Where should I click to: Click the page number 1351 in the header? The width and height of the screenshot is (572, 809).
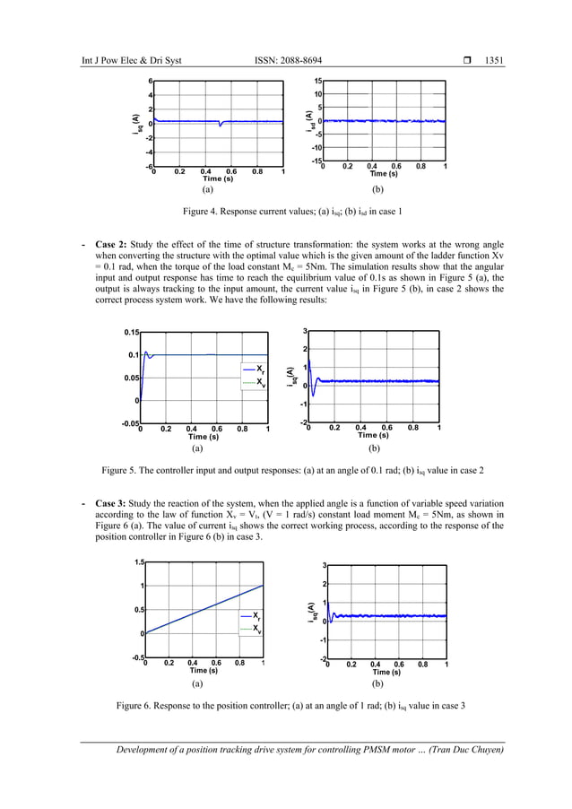(x=493, y=60)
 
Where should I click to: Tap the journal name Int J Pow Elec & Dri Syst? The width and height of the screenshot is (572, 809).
(x=131, y=60)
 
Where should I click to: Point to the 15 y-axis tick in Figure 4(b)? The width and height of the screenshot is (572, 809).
(x=316, y=81)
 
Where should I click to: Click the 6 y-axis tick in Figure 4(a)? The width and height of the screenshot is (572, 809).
(x=151, y=81)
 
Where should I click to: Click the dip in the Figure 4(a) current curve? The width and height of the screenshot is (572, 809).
(x=220, y=126)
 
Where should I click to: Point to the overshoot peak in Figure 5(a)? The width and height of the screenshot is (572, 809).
(x=145, y=352)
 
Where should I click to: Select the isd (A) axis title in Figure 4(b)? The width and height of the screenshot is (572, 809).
(x=308, y=117)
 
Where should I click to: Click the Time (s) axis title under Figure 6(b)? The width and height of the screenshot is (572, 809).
(x=386, y=672)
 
